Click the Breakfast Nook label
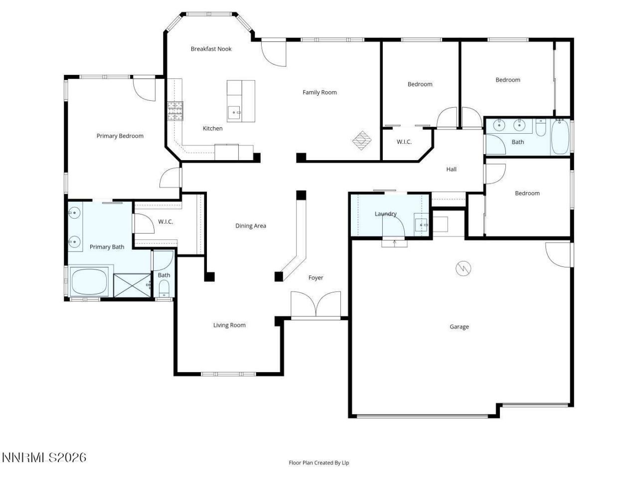pos(211,49)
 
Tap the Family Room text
pos(319,92)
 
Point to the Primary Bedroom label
pos(120,136)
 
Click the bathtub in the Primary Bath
pos(90,282)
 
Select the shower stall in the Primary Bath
pos(132,285)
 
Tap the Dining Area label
pos(250,226)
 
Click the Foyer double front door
pos(316,305)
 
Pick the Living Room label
pos(229,325)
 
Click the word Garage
pos(459,327)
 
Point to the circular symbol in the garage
pos(463,269)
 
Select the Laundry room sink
pos(421,225)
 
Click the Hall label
pos(451,169)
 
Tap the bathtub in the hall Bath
pos(560,137)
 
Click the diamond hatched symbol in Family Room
pos(362,140)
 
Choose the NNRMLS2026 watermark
pos(44,458)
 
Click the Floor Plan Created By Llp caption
pos(319,463)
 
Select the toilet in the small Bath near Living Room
pos(164,288)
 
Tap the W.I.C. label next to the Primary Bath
pos(165,222)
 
